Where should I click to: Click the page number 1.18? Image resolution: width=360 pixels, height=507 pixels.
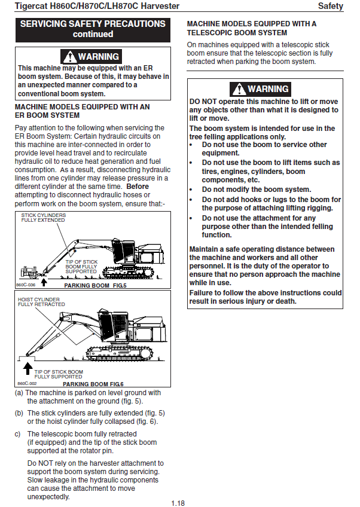[x=178, y=503]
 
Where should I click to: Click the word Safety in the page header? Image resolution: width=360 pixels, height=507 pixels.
[x=330, y=6]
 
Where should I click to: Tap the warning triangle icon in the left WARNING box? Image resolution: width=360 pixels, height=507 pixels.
[x=69, y=57]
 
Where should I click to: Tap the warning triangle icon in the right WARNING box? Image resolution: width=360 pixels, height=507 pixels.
[x=239, y=89]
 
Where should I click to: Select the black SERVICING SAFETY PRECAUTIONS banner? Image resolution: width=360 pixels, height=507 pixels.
[x=93, y=30]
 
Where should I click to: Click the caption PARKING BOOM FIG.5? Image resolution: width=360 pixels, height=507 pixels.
[x=96, y=286]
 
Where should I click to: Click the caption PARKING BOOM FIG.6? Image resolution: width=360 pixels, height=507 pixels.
[x=93, y=384]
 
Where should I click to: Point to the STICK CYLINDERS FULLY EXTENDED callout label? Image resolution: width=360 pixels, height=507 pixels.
[x=43, y=218]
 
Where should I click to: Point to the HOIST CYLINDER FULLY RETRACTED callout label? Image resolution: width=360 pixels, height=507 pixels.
[x=41, y=302]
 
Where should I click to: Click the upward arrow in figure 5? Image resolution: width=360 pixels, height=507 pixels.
[x=44, y=282]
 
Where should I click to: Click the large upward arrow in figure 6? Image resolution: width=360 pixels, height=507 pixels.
[x=28, y=369]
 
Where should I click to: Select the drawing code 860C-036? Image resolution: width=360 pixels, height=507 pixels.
[x=26, y=285]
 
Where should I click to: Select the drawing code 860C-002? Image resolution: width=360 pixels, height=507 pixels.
[x=27, y=383]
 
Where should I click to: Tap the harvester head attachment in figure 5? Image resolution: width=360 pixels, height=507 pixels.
[x=29, y=272]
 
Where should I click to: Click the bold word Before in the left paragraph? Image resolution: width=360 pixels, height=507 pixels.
[x=138, y=187]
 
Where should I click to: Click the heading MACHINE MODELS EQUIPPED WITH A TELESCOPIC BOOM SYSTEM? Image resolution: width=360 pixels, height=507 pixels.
[x=252, y=28]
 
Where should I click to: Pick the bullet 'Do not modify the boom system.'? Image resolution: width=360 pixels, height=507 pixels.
[x=256, y=190]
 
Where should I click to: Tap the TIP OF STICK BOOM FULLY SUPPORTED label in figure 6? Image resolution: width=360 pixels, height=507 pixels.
[x=59, y=374]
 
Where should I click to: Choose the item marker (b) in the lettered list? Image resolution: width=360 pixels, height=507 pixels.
[x=19, y=413]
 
